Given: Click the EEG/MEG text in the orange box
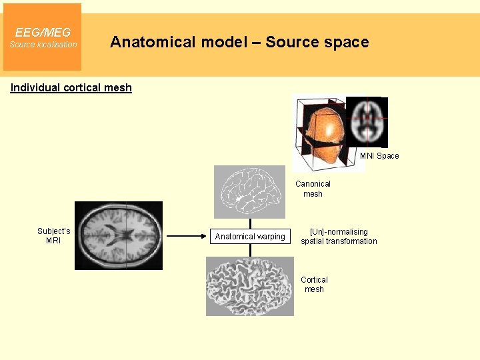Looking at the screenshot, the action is click(43, 32).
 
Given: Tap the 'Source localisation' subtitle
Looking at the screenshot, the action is click(43, 45).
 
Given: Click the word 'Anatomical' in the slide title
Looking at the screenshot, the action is click(151, 42).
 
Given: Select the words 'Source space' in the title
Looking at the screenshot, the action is click(317, 42).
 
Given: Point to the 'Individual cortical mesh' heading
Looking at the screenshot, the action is click(71, 87).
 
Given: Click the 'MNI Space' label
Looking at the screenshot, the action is click(379, 156).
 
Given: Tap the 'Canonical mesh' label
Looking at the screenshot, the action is click(313, 189).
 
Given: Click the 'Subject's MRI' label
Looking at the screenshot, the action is click(53, 236).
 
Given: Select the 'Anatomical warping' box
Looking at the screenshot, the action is click(250, 237).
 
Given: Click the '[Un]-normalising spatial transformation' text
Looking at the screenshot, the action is click(339, 237).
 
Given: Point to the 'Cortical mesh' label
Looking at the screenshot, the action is click(314, 285).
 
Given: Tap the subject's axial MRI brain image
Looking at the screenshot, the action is click(118, 235).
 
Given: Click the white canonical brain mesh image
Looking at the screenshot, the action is click(249, 191).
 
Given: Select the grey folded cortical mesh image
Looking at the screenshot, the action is click(249, 287).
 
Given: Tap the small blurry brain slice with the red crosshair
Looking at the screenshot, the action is click(367, 122).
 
